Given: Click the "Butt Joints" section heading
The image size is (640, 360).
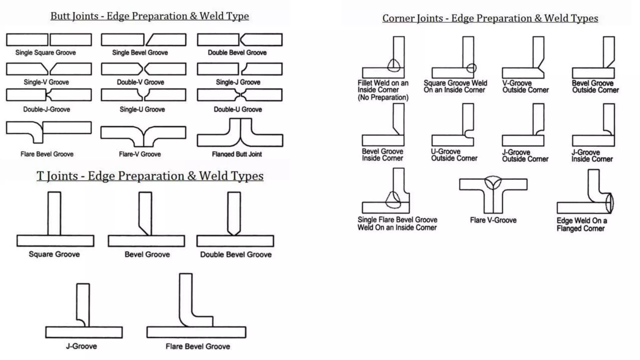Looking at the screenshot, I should (149, 16).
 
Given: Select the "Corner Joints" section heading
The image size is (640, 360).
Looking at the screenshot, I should (490, 18).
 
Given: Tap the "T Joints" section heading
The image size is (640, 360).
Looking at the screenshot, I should (150, 176).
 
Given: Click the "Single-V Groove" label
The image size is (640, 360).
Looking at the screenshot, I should (46, 82).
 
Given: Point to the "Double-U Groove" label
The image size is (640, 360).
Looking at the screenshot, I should (237, 109).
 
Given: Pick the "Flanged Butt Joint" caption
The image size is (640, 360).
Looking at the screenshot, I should (237, 154).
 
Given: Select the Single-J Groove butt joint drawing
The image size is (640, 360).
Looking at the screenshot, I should (240, 69).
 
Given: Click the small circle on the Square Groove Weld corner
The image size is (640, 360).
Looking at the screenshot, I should (471, 68).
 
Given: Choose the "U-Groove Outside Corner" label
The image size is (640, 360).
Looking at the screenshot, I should (454, 155).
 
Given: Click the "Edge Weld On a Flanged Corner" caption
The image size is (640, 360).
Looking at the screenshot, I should (582, 224).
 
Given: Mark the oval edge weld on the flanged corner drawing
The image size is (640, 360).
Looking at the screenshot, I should (610, 203).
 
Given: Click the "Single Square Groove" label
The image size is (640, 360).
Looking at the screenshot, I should (46, 52).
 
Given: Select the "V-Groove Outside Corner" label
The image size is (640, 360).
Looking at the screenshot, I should (525, 87).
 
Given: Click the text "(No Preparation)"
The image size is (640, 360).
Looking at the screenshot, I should (383, 97).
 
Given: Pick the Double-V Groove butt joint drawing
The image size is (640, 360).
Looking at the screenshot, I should (143, 69).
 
